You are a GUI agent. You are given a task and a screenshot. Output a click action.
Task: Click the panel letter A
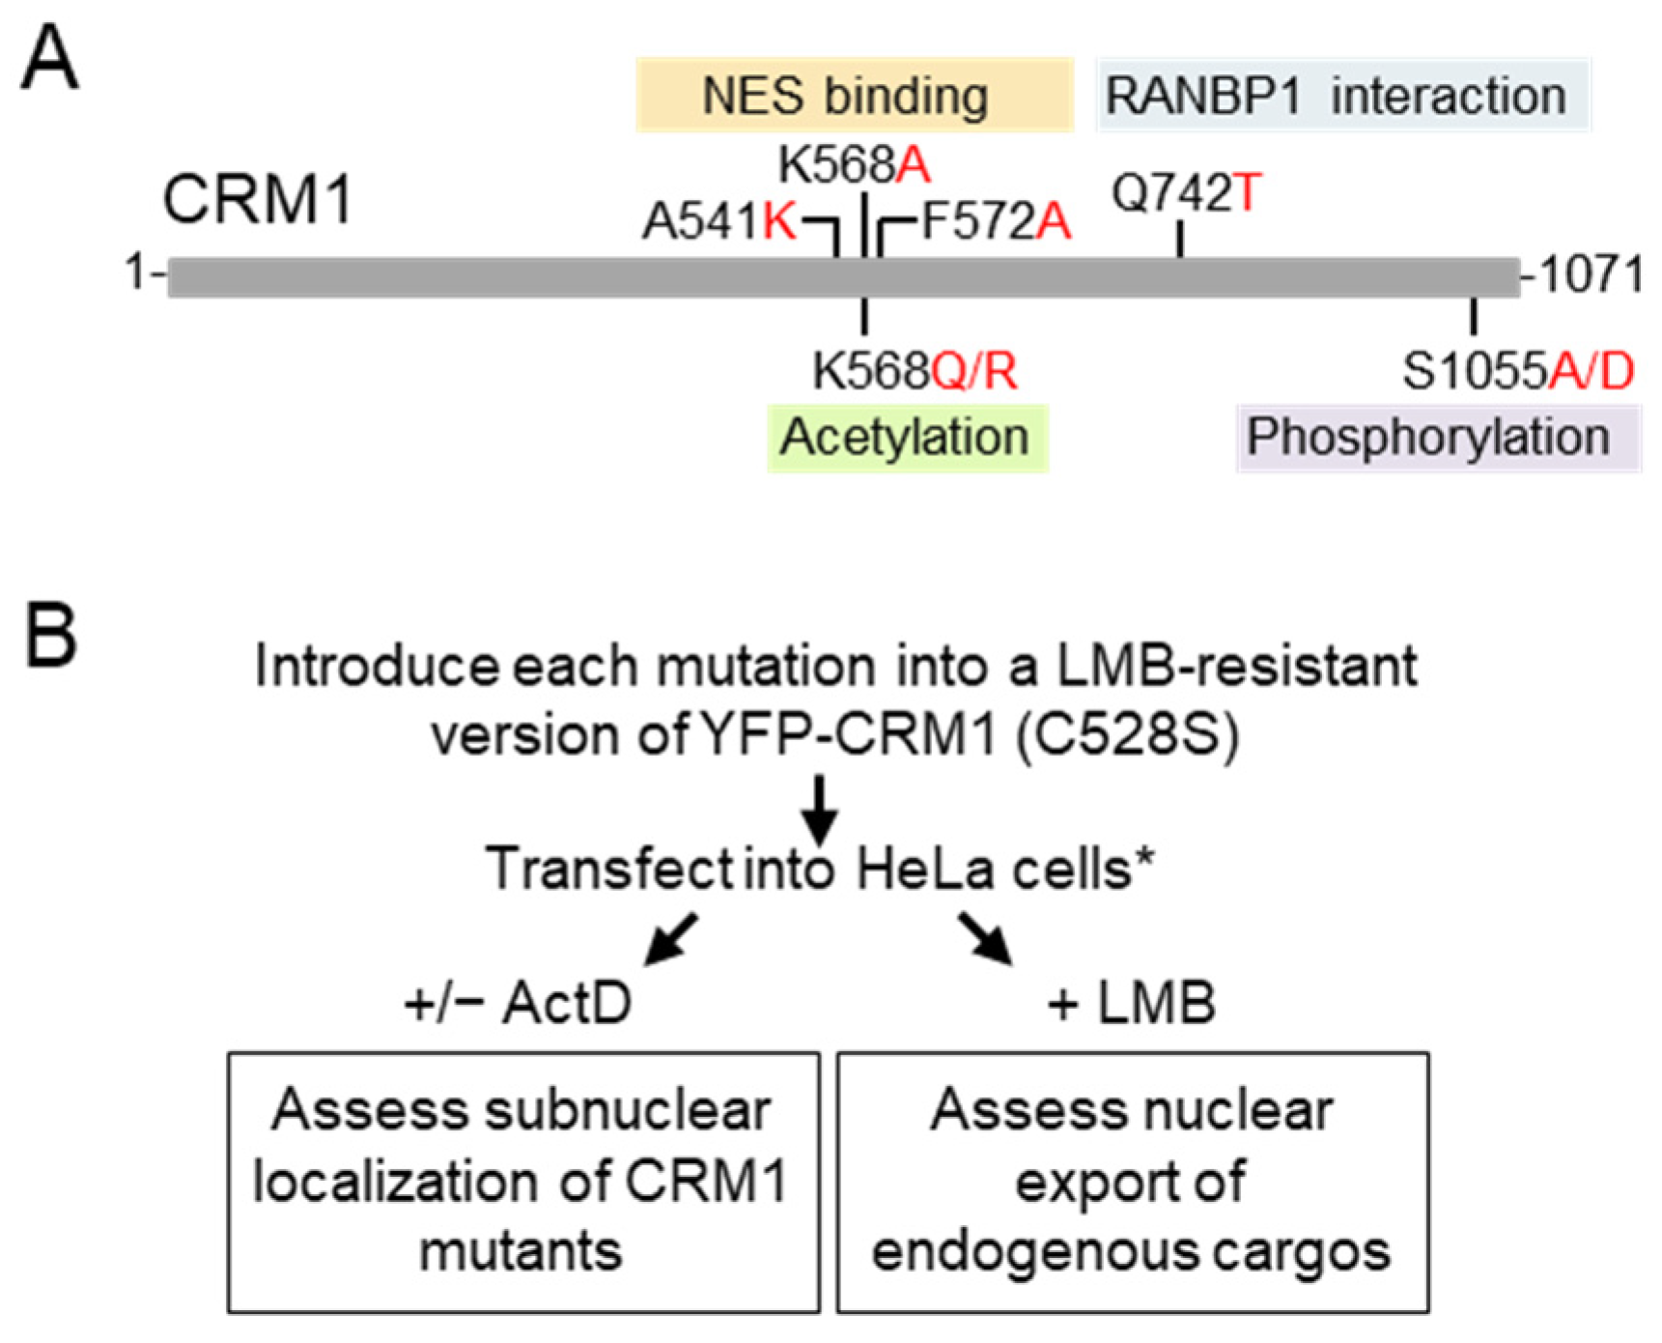tap(49, 58)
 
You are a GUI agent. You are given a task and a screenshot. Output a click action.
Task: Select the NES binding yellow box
tap(855, 95)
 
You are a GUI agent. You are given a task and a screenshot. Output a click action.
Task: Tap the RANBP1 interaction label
tap(1343, 95)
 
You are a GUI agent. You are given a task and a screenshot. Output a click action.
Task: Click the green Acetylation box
tap(908, 439)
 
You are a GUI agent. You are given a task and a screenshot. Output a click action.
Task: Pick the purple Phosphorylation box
tap(1439, 439)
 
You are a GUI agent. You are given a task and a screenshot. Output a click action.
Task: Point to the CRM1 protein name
tap(258, 200)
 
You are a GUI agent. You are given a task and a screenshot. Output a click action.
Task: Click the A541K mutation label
tap(719, 222)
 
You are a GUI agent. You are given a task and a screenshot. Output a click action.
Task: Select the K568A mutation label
tap(855, 165)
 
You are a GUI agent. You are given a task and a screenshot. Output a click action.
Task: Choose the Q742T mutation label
tap(1187, 192)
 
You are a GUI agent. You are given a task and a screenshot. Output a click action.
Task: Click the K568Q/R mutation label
tap(915, 371)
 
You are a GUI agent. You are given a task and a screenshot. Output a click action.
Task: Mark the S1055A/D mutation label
tap(1518, 371)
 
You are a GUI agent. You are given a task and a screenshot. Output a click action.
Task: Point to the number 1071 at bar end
tap(1591, 274)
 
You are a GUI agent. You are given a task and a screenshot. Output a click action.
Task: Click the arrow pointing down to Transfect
tap(819, 810)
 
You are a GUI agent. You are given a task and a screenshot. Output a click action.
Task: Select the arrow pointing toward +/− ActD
tap(670, 939)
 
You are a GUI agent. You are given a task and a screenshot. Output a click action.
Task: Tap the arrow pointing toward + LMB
tap(986, 939)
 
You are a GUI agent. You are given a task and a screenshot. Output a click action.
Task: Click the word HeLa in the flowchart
tap(925, 869)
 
